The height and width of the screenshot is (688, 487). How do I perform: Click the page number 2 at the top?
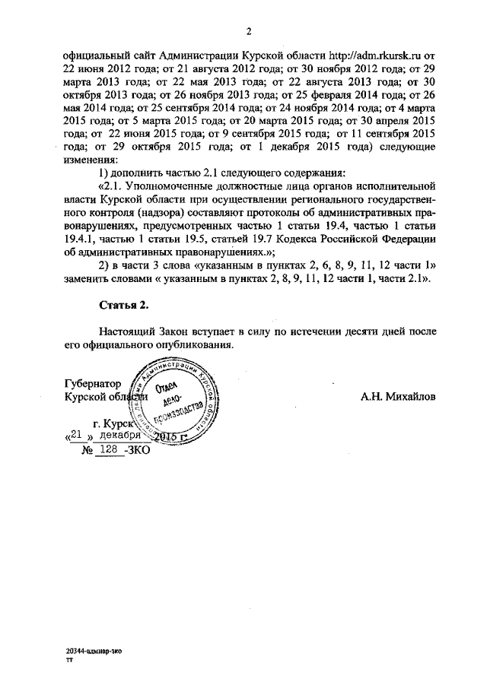click(x=248, y=31)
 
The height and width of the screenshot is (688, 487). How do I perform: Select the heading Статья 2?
click(x=123, y=306)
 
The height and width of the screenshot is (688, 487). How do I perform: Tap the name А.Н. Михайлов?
click(x=399, y=397)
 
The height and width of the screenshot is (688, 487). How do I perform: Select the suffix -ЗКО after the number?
click(x=138, y=450)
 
